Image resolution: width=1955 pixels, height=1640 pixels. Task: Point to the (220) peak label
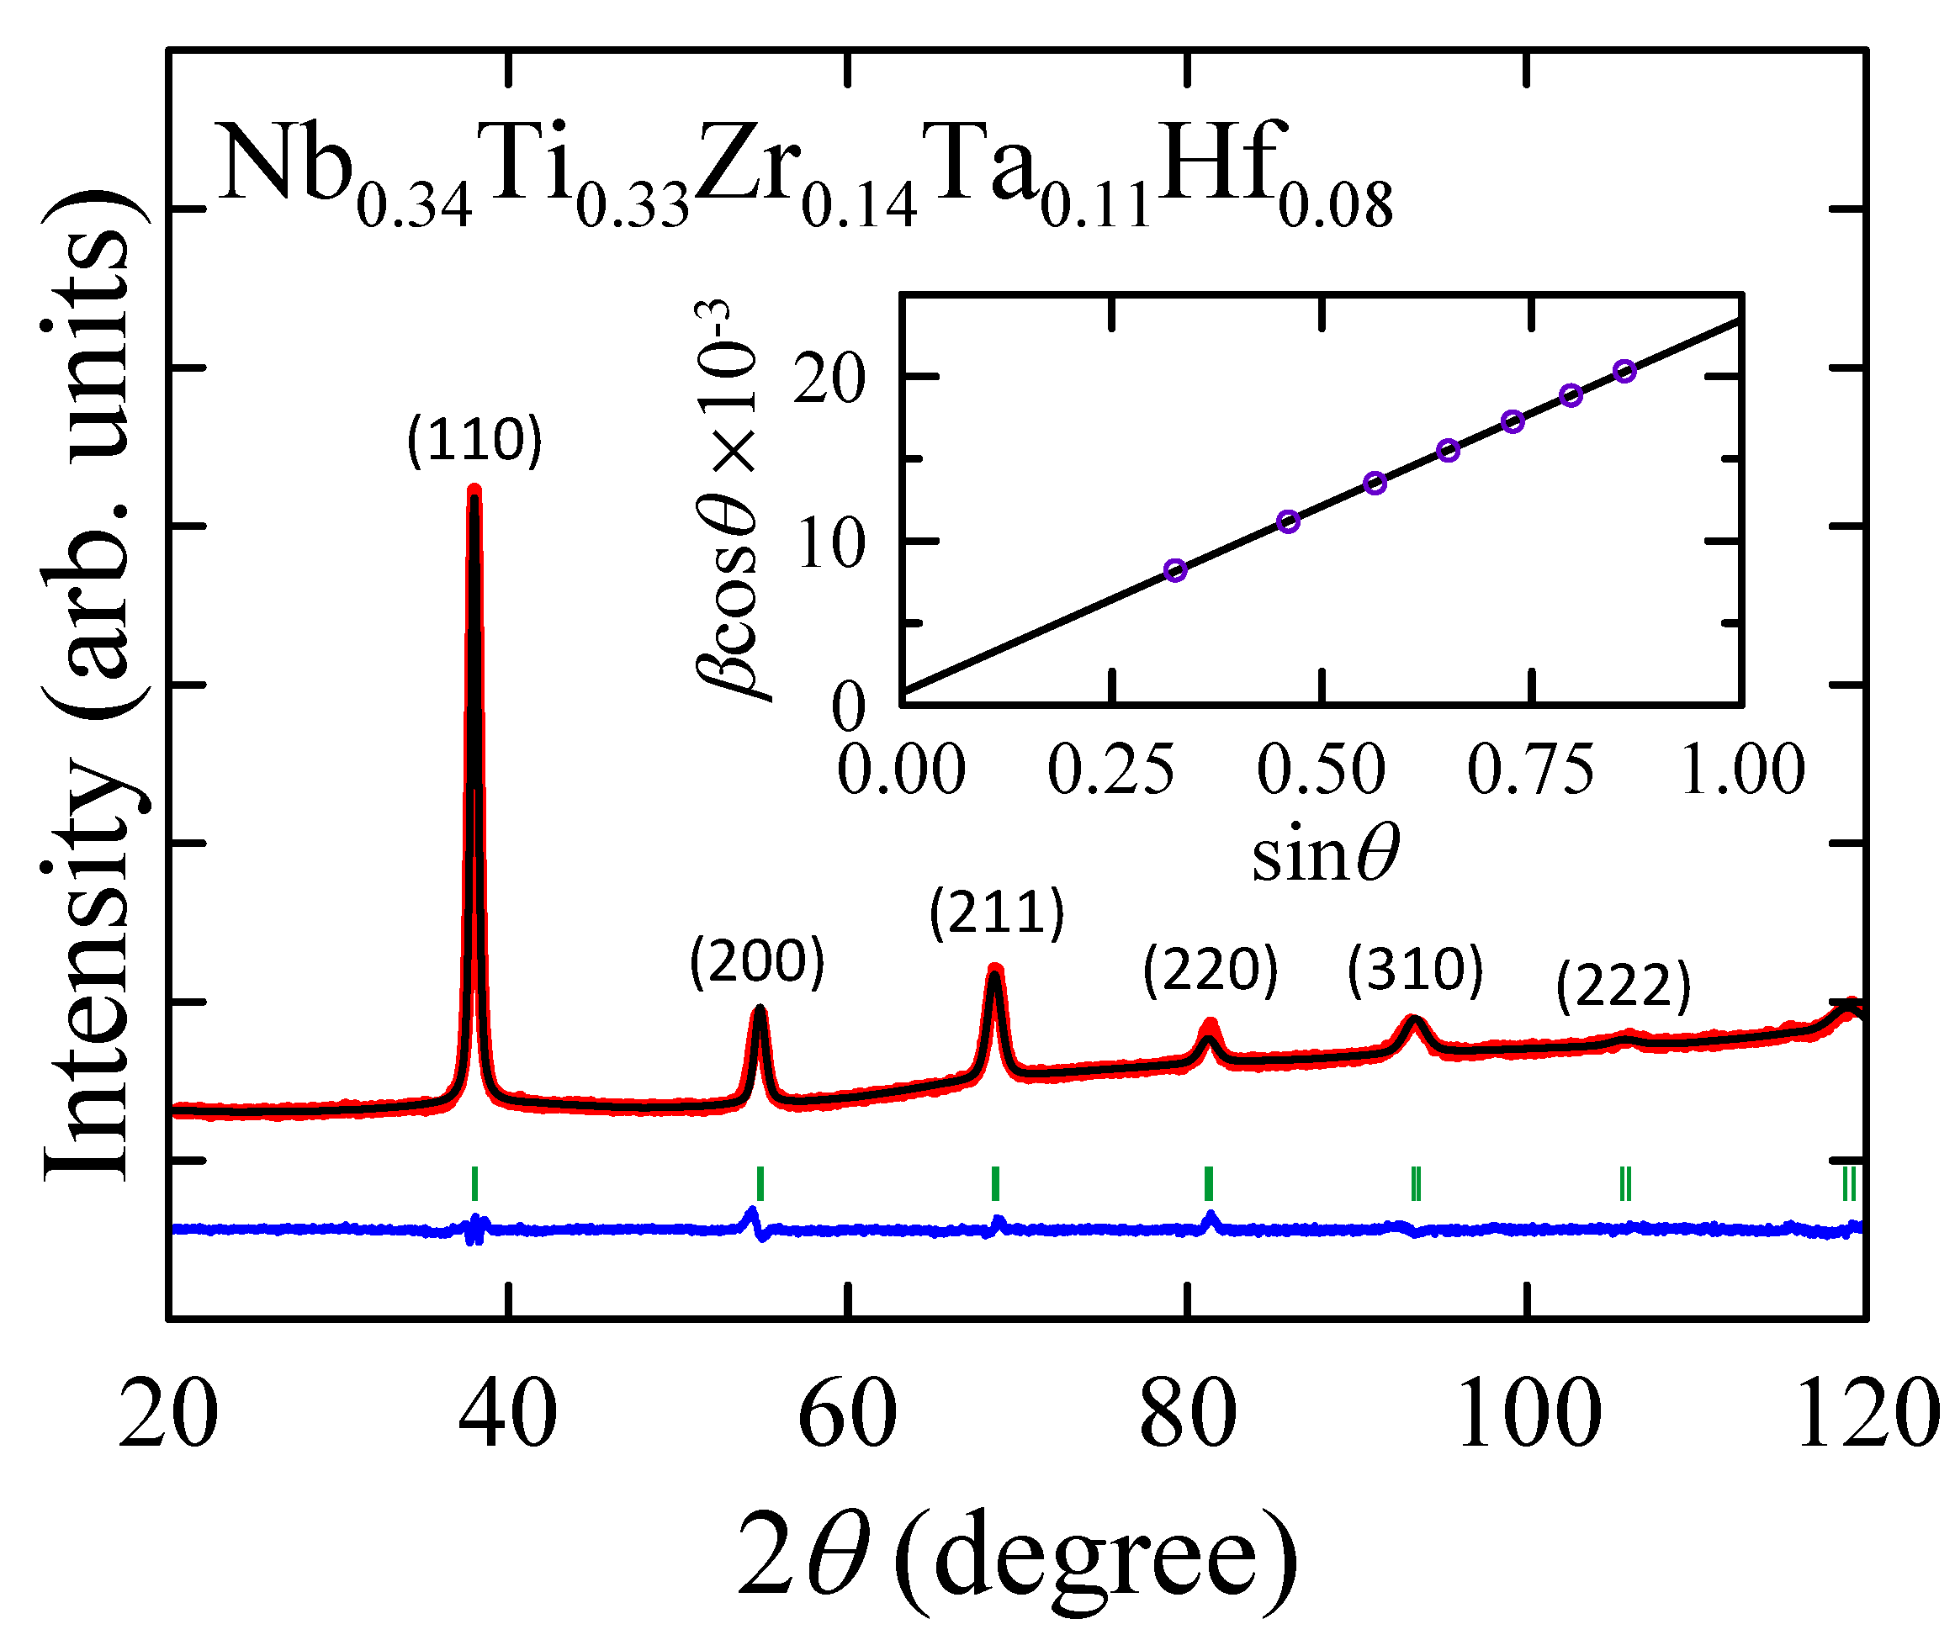[1210, 970]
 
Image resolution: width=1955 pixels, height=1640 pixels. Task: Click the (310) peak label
[1414, 970]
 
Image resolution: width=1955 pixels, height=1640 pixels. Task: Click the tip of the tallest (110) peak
[474, 489]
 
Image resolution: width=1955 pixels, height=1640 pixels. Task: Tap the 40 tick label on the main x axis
[507, 1415]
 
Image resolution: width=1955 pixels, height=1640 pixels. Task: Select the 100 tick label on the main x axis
[1528, 1415]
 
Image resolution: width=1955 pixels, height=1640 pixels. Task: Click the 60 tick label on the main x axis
[847, 1415]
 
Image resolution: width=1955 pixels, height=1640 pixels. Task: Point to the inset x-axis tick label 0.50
[1321, 770]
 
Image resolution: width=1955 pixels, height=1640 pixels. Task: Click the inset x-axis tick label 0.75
[1530, 770]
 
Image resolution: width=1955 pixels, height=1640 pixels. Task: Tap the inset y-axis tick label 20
[829, 380]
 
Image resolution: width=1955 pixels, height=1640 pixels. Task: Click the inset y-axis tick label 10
[831, 543]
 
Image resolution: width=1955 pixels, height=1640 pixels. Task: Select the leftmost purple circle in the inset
[1176, 570]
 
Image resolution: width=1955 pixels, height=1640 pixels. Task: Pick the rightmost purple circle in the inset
[1624, 372]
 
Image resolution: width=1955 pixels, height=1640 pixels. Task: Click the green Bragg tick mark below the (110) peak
[474, 1184]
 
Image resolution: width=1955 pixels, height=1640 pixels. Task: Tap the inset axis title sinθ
[1325, 854]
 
